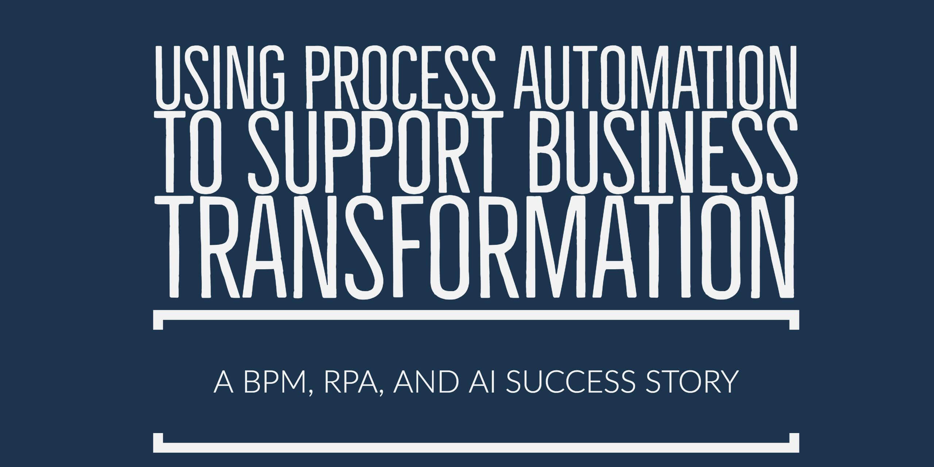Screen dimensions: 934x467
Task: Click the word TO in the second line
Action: [x=201, y=153]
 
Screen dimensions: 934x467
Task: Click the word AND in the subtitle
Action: [x=424, y=382]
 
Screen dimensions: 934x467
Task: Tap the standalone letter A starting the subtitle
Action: [x=223, y=382]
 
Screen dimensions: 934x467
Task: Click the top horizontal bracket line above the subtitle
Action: [x=476, y=315]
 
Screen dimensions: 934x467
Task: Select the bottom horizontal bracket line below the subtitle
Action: [x=476, y=448]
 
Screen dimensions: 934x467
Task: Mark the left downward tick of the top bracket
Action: [x=158, y=320]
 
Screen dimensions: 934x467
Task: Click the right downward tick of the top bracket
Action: [x=794, y=320]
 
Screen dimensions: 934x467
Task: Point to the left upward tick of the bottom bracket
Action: [x=158, y=443]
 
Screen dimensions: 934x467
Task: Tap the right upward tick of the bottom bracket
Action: [x=794, y=443]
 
